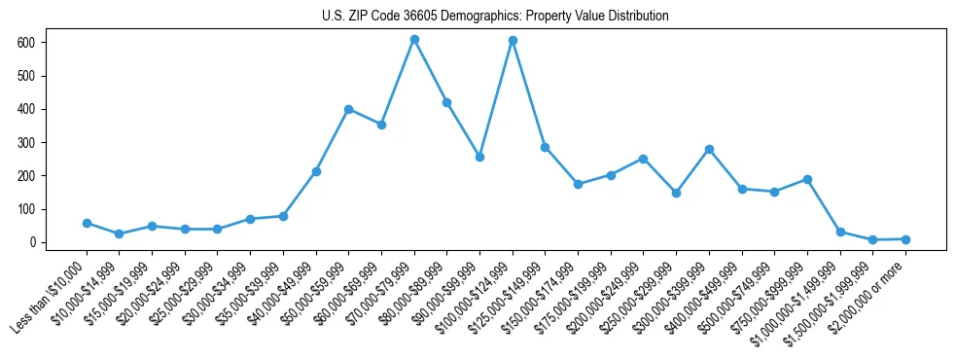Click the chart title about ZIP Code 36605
click(x=495, y=16)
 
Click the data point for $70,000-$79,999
click(x=414, y=40)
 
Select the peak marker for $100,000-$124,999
click(x=513, y=41)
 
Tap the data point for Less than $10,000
click(x=87, y=223)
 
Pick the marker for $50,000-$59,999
click(x=348, y=109)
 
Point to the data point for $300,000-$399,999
click(x=709, y=149)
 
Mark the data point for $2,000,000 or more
click(x=905, y=239)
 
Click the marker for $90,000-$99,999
click(x=479, y=157)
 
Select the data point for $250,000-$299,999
click(x=676, y=193)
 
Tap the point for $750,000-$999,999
click(x=807, y=179)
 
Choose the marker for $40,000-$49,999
click(x=316, y=171)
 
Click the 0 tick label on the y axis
click(x=32, y=242)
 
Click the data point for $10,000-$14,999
click(x=119, y=234)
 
